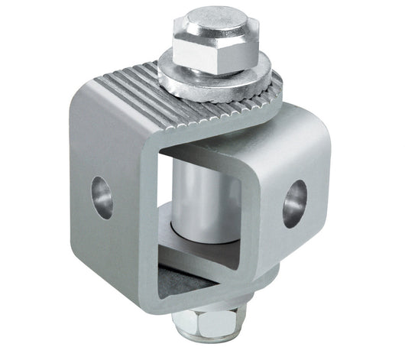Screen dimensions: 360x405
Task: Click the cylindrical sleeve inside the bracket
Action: click(195, 199)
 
